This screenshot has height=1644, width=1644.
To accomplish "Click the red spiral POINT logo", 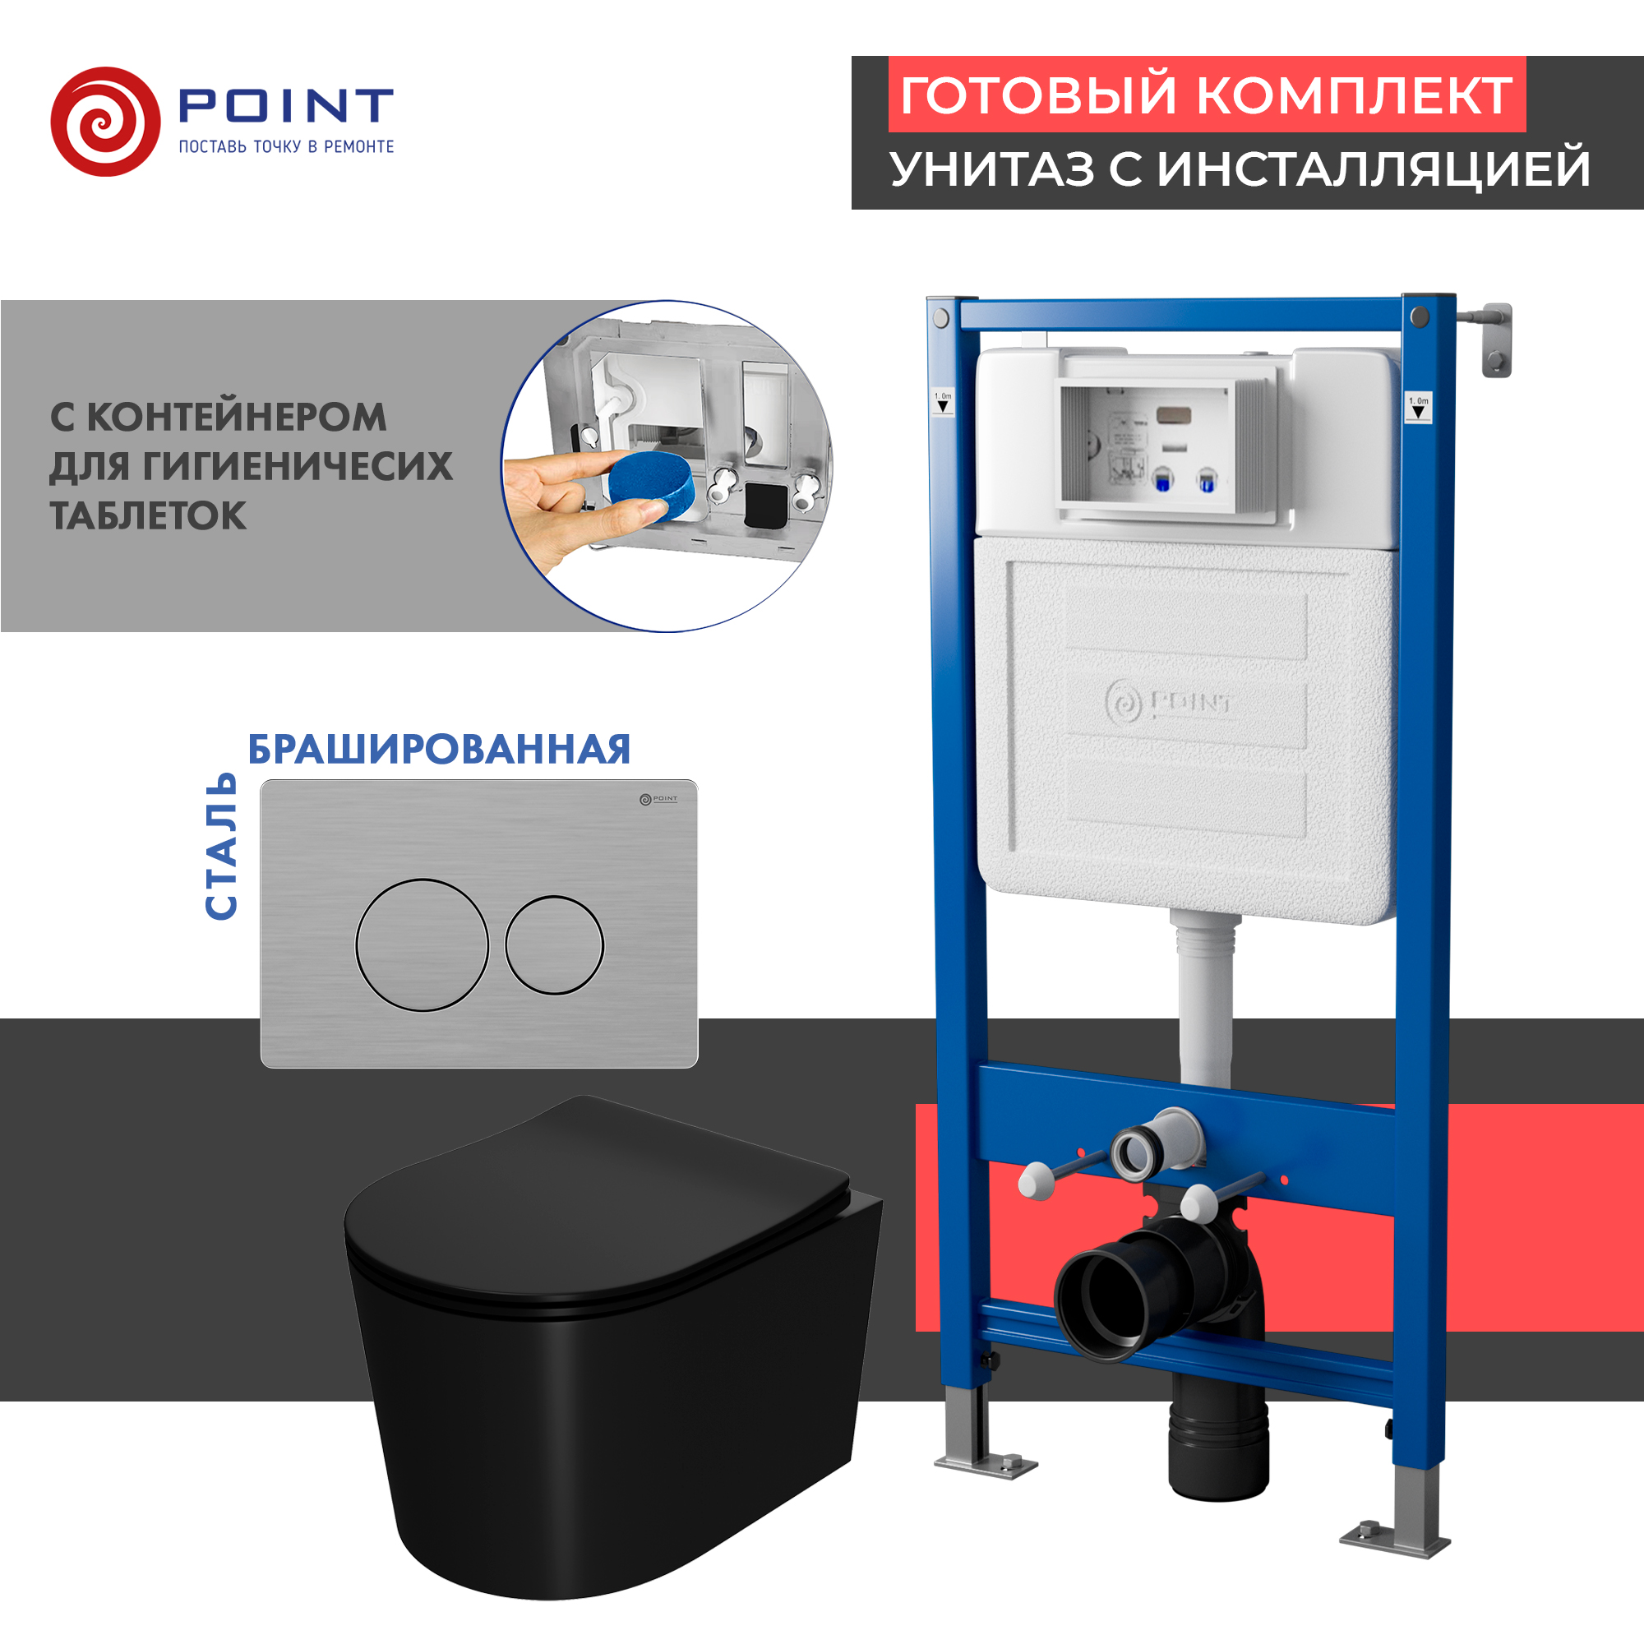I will (x=105, y=122).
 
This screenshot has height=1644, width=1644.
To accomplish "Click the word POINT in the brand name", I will (x=286, y=105).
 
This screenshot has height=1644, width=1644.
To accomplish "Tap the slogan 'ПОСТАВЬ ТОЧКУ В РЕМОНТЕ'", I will (x=286, y=147).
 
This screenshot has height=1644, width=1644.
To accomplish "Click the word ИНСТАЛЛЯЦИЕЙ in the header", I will (x=1374, y=169).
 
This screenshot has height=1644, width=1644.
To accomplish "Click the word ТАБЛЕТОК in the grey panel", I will (x=148, y=516).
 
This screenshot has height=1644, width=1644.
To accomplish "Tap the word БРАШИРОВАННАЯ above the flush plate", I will (x=439, y=750).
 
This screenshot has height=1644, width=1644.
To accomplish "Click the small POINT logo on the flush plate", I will (x=658, y=799).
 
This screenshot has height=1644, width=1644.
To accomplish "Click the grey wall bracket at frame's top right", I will (x=1496, y=338).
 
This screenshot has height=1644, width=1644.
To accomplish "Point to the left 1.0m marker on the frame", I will (x=943, y=402).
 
